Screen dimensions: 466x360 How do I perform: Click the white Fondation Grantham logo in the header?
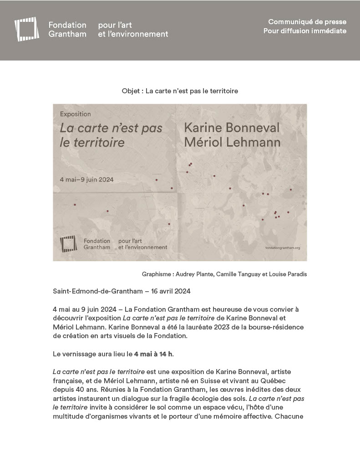point(26,29)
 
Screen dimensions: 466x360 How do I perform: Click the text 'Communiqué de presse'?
point(307,22)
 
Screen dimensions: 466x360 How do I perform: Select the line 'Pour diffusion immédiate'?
point(304,31)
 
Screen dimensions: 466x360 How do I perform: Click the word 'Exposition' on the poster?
point(76,114)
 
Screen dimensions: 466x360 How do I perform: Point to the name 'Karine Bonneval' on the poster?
point(232,128)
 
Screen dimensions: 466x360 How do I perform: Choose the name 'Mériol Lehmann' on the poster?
point(232,142)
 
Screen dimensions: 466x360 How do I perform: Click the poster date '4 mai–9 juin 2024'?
point(87,179)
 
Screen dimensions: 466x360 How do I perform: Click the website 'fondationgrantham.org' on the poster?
point(282,248)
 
